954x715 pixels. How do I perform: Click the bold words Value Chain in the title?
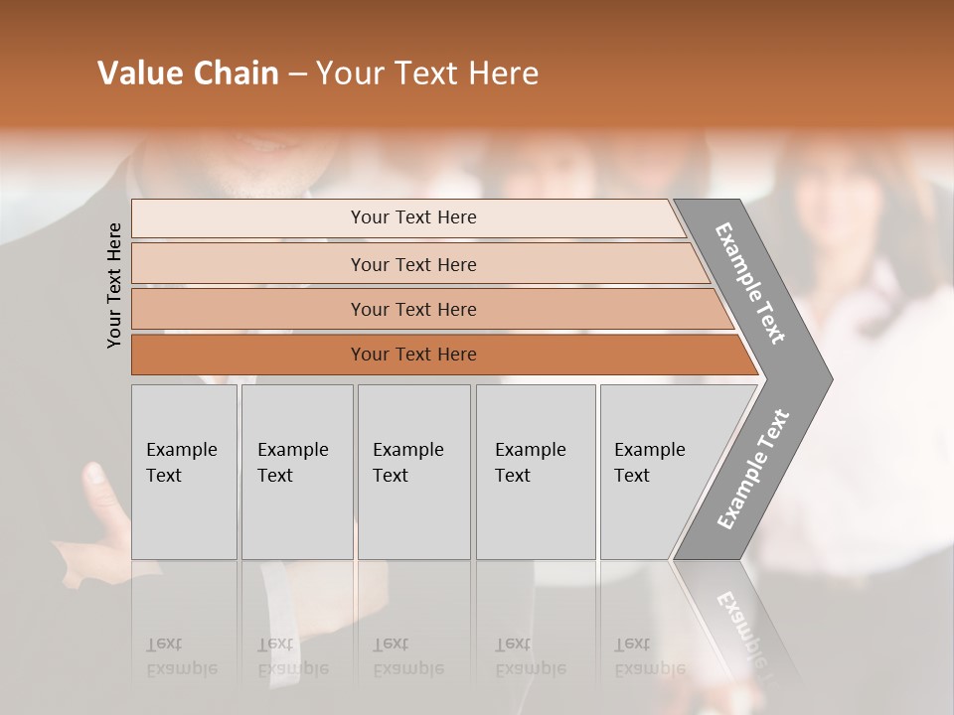click(x=188, y=73)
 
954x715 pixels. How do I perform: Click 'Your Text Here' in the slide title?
click(x=427, y=73)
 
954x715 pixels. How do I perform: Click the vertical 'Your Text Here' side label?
click(x=114, y=285)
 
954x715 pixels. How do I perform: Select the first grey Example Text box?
click(x=184, y=471)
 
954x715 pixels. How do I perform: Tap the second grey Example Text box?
click(x=296, y=471)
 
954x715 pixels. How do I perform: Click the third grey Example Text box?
click(x=413, y=471)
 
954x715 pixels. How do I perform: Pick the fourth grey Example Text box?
click(x=535, y=471)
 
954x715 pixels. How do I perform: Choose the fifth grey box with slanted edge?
click(x=656, y=471)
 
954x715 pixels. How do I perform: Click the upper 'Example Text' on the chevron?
click(x=750, y=283)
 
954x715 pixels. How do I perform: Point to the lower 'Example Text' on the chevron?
click(x=752, y=470)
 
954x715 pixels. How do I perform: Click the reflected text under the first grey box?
click(x=181, y=657)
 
